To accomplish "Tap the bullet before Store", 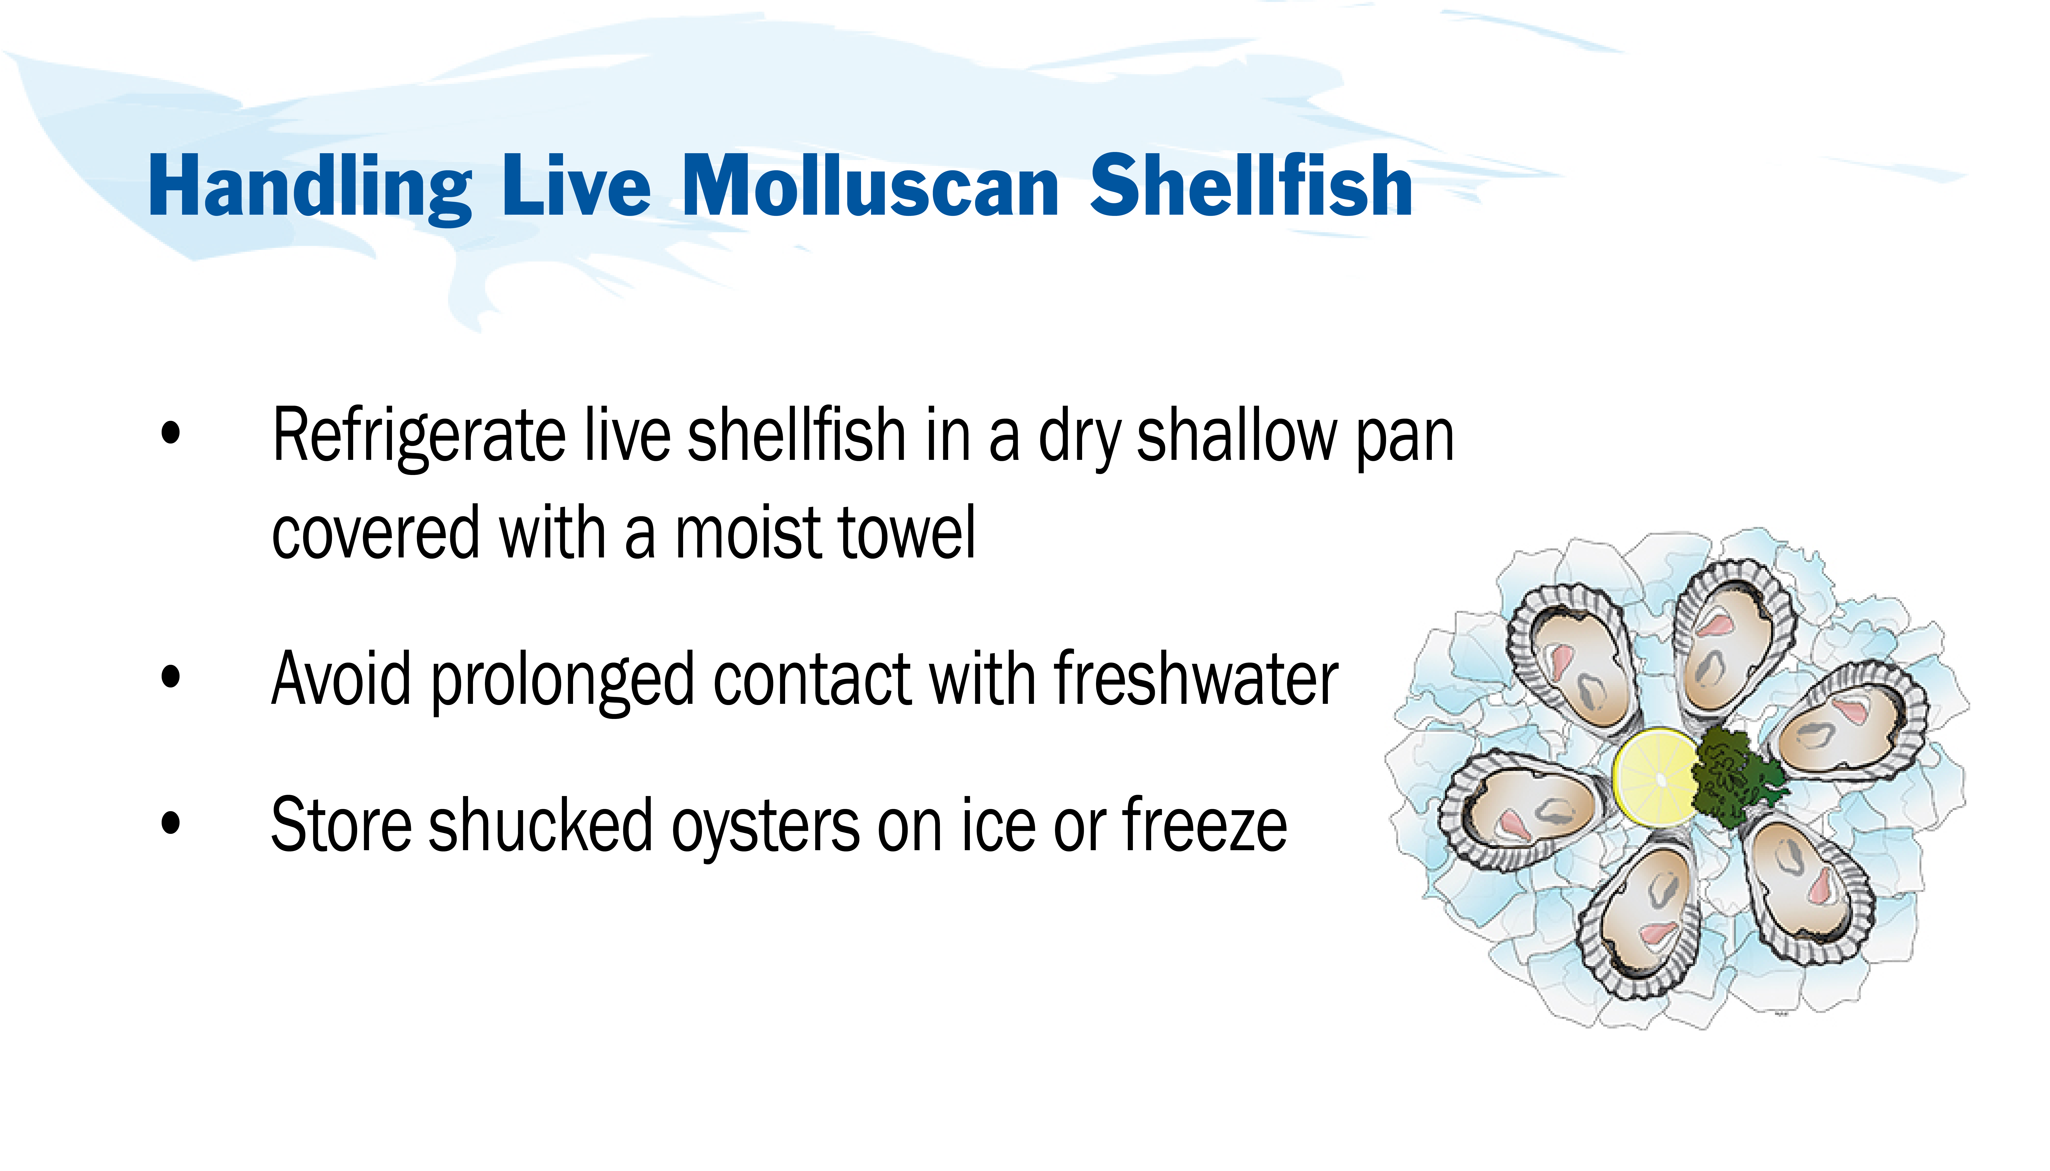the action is [171, 824].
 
